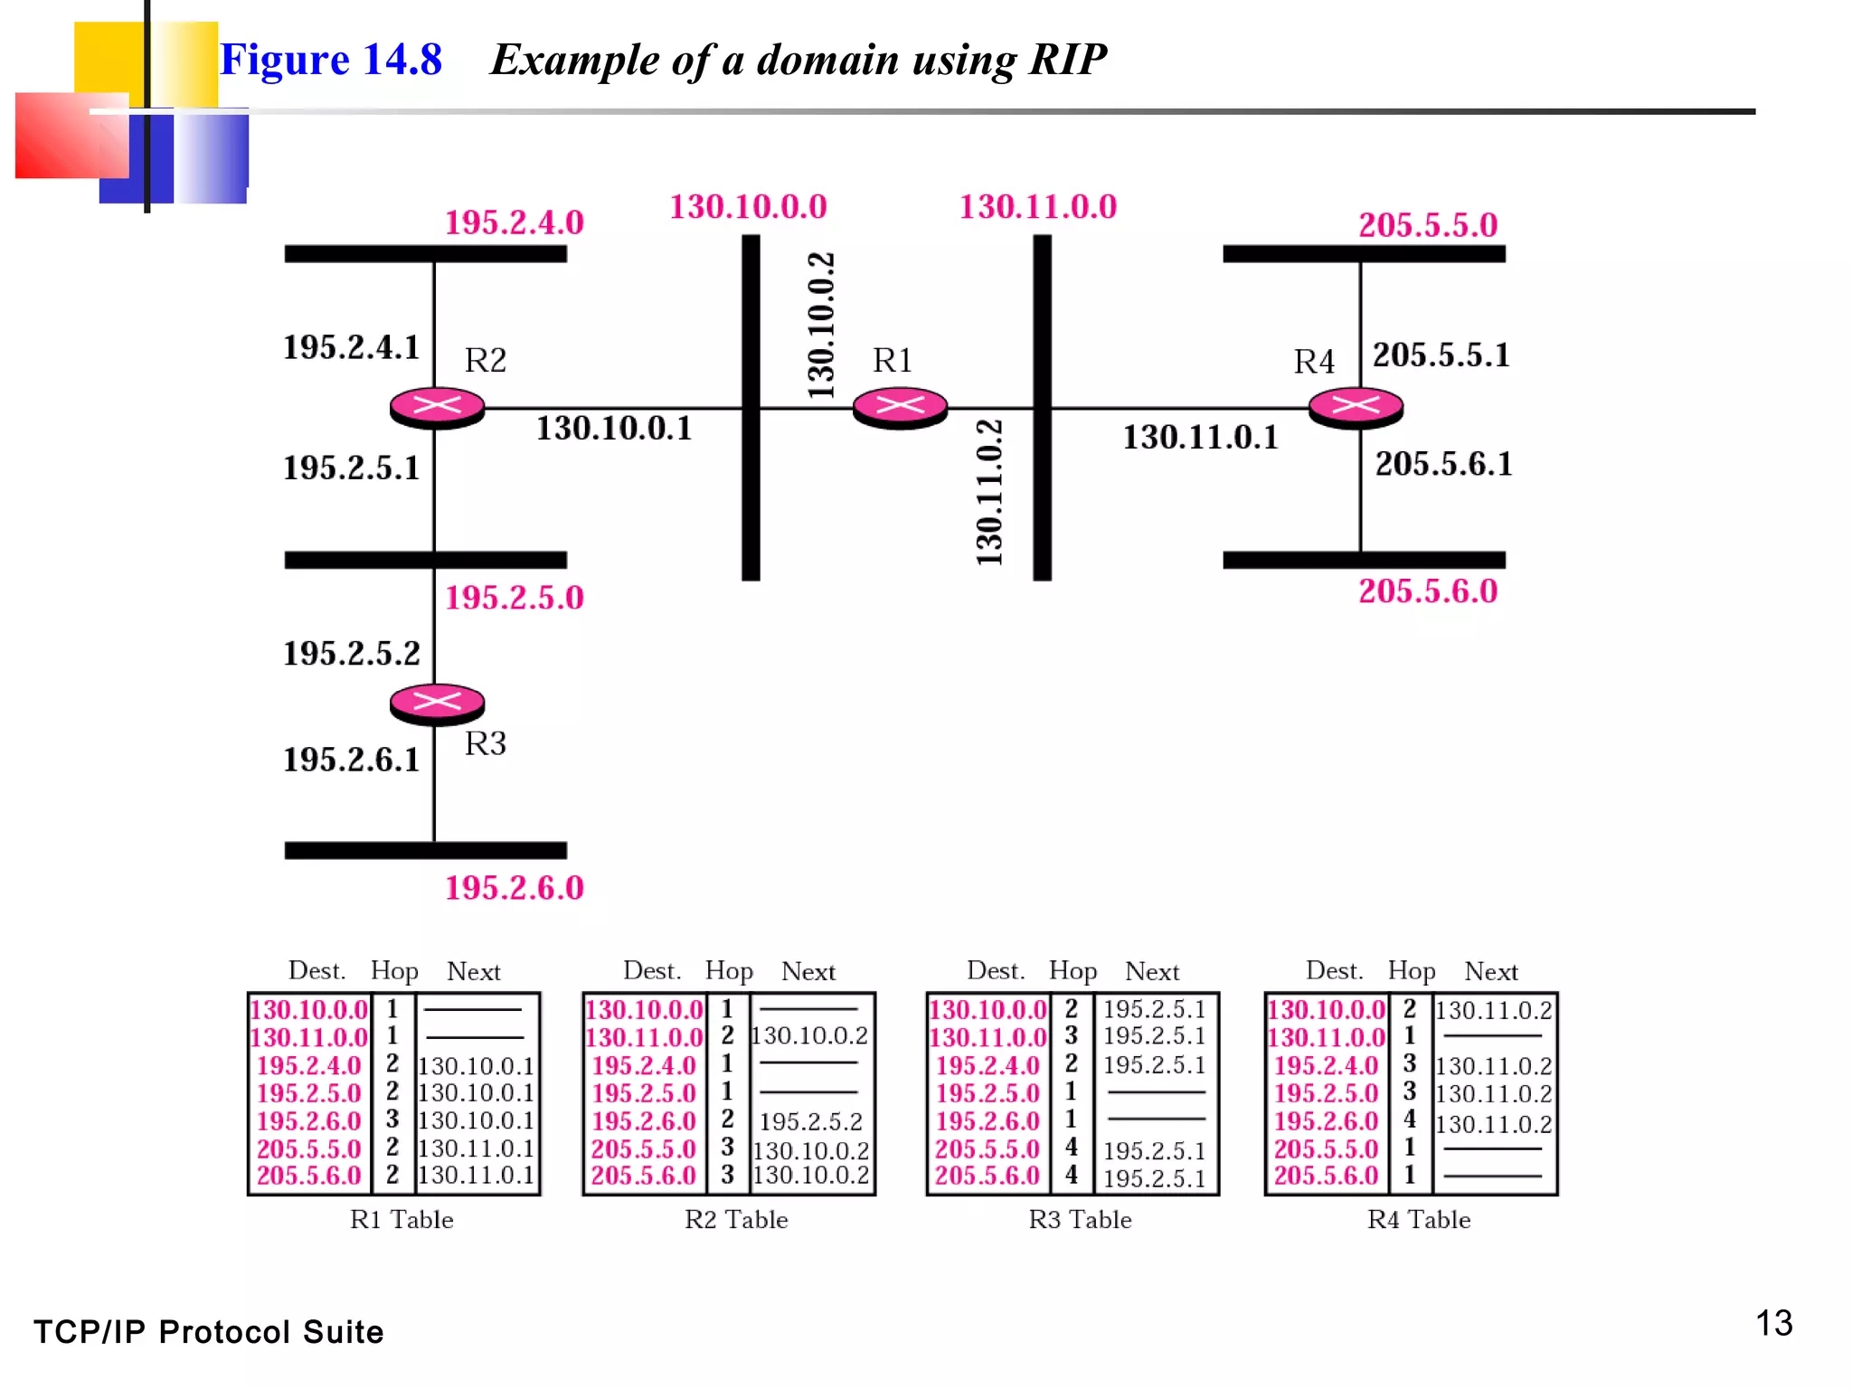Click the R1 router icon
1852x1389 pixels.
click(x=900, y=407)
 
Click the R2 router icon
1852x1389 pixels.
click(x=437, y=407)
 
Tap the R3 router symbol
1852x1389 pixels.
click(x=437, y=703)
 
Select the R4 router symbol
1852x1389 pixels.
click(x=1356, y=407)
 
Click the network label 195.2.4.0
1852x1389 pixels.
click(x=514, y=222)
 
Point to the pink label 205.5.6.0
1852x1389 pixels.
click(x=1428, y=591)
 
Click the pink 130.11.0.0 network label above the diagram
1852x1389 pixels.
click(x=1037, y=207)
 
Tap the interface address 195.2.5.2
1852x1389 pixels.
click(x=352, y=653)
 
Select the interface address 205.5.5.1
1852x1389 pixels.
click(x=1441, y=354)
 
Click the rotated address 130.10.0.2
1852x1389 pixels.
click(x=821, y=326)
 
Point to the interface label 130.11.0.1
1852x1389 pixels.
click(x=1200, y=438)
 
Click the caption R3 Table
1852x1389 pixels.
click(x=1080, y=1220)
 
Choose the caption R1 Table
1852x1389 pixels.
click(x=402, y=1220)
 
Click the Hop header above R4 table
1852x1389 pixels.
click(x=1411, y=971)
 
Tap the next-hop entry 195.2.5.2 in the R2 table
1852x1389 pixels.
click(x=810, y=1122)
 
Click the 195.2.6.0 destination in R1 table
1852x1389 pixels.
click(x=308, y=1121)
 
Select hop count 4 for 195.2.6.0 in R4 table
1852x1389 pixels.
click(x=1409, y=1120)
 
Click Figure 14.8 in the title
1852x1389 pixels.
click(x=331, y=60)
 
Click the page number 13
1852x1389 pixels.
click(x=1773, y=1324)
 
